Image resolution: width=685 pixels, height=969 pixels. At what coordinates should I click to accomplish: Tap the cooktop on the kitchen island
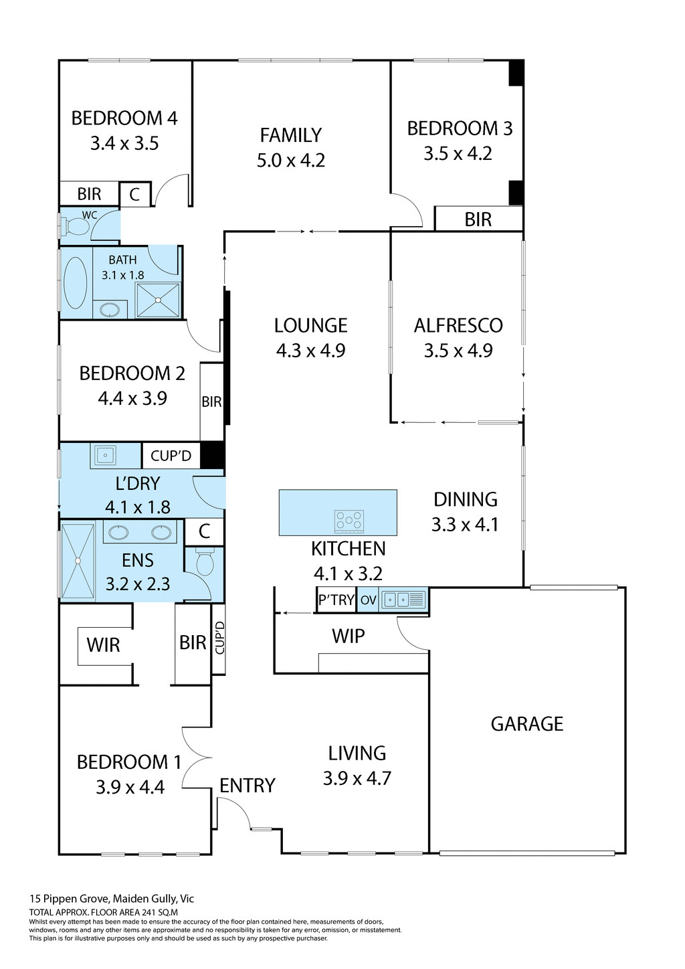[349, 520]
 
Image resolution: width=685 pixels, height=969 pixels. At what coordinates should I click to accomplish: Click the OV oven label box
[368, 600]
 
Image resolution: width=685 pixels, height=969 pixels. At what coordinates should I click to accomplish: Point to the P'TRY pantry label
[336, 600]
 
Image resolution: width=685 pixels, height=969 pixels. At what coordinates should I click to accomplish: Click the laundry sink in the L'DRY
[105, 456]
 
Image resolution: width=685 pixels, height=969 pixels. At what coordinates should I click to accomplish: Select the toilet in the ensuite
[204, 561]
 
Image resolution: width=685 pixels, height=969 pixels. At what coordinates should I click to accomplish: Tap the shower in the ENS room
[78, 561]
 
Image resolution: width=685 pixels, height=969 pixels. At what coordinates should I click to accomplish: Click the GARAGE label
[527, 724]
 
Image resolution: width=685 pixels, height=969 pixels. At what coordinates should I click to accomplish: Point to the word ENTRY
[248, 785]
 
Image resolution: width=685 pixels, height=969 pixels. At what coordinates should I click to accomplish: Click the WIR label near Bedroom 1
[103, 645]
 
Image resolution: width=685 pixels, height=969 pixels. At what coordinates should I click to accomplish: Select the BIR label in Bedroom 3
[478, 219]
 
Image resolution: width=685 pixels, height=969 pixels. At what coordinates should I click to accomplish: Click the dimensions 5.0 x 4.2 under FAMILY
[290, 161]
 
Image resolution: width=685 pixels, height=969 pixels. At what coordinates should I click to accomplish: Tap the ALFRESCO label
[458, 325]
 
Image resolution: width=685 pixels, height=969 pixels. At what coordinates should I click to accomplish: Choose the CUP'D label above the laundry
[171, 456]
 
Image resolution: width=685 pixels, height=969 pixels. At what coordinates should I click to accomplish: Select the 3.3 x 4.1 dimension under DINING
[465, 525]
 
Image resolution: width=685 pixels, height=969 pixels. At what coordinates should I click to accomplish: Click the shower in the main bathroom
[158, 300]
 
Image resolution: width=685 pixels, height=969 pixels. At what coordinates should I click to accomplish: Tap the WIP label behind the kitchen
[348, 636]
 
